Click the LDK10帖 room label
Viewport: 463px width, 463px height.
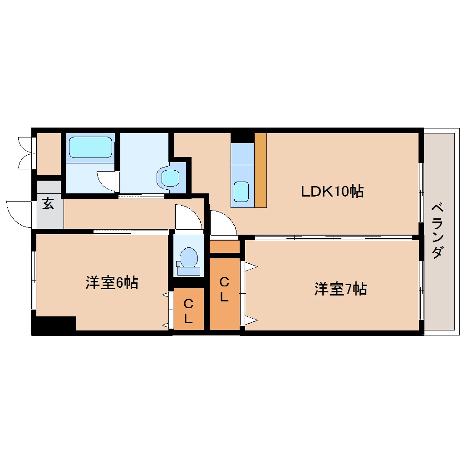click(x=332, y=192)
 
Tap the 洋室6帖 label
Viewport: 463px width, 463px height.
click(x=112, y=283)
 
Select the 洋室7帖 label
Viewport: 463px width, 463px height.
click(x=340, y=289)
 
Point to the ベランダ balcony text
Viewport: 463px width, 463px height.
click(x=437, y=231)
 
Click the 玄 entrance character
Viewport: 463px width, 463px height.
click(x=48, y=204)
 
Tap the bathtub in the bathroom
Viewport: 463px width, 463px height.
click(x=90, y=147)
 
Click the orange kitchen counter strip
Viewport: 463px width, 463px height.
click(x=260, y=170)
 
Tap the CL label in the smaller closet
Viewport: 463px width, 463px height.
click(x=188, y=311)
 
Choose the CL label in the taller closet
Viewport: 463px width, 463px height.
click(x=224, y=290)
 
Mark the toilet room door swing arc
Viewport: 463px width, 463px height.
click(x=188, y=218)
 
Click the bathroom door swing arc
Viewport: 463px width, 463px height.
click(x=107, y=181)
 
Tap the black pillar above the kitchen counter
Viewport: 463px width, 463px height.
click(x=242, y=137)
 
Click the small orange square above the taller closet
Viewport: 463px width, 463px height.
click(x=224, y=247)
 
